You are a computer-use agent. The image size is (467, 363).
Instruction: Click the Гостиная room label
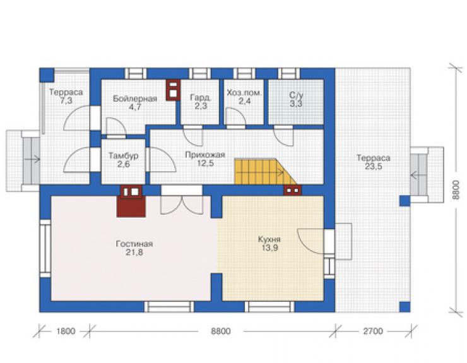tap(134, 244)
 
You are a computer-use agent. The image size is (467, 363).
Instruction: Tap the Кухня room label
tap(269, 240)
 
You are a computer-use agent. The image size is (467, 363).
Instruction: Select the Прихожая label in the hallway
tap(205, 155)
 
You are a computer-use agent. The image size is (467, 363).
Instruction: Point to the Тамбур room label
tap(123, 156)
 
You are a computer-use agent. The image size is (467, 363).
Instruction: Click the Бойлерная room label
tap(134, 98)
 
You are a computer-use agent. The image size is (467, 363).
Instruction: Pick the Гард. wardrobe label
tap(201, 97)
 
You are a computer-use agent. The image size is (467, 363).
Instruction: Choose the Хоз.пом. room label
tap(244, 93)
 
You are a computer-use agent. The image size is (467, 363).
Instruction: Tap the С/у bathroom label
tap(296, 95)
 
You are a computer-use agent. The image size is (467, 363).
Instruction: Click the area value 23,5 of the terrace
tap(374, 166)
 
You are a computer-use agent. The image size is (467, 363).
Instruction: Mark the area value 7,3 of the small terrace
tap(66, 101)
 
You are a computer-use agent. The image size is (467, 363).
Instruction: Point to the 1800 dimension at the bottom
tap(65, 331)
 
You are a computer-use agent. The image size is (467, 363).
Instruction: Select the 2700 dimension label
tap(373, 331)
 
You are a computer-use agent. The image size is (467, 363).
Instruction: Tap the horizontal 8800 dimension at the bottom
tap(221, 331)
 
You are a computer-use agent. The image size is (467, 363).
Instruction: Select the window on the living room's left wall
tap(45, 249)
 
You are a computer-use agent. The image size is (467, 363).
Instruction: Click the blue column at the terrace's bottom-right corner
tap(405, 307)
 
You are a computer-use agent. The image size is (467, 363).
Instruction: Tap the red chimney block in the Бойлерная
tap(173, 90)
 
